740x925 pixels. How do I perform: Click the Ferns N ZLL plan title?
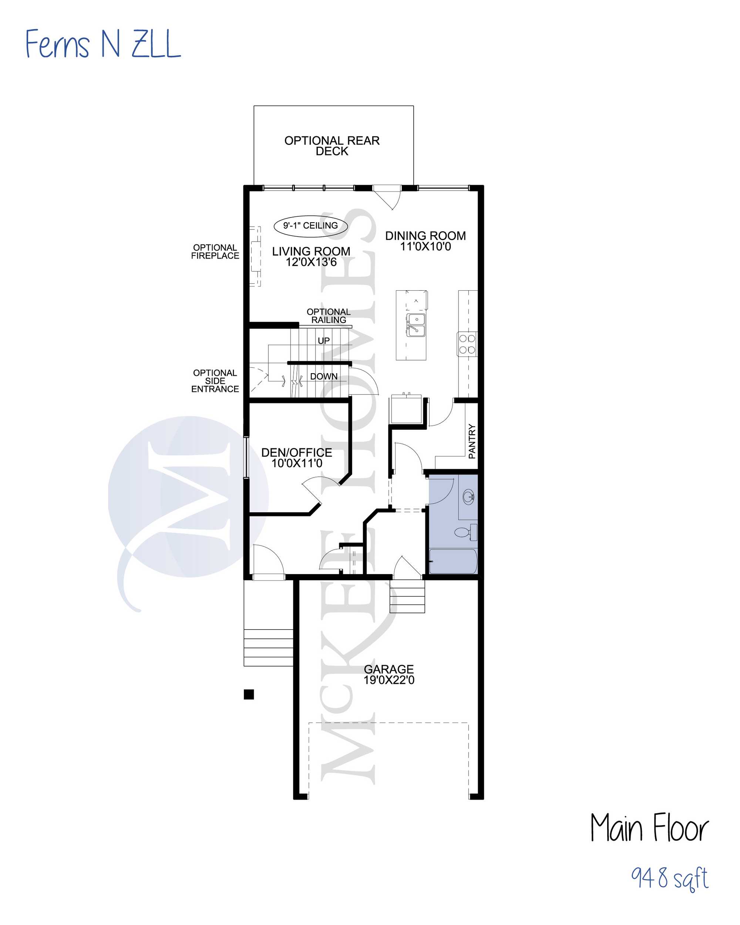tap(103, 44)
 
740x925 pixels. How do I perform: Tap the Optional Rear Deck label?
tap(332, 146)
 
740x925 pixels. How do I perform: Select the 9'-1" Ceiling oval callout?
tap(310, 226)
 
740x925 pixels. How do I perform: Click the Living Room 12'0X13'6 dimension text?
tap(311, 262)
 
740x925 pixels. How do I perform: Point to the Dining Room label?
tap(425, 236)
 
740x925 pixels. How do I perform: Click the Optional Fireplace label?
tap(215, 252)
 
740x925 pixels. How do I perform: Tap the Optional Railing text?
tap(328, 316)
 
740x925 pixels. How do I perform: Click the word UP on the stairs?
tap(324, 341)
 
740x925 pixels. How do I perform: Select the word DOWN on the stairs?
tap(324, 376)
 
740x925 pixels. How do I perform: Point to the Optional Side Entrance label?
tap(215, 381)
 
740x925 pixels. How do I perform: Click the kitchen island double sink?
tap(416, 325)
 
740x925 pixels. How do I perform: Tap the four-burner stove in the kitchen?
tap(467, 344)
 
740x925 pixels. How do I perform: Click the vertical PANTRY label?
tap(472, 442)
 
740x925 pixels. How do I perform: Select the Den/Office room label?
tap(297, 453)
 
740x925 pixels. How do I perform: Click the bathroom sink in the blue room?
tap(468, 497)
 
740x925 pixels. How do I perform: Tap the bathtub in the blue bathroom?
tap(453, 561)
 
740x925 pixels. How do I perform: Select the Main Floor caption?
tap(649, 828)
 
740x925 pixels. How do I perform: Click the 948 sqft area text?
tap(669, 877)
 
